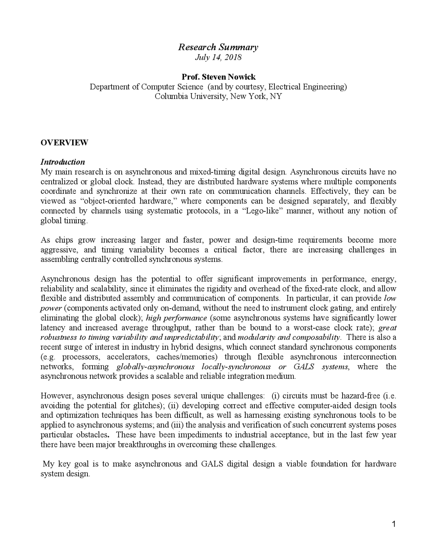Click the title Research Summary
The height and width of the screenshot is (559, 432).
218,47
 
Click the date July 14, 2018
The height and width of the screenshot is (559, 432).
218,57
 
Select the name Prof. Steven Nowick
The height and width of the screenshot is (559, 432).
218,77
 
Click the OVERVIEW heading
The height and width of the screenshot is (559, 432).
64,142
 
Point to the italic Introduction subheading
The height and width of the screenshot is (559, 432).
62,162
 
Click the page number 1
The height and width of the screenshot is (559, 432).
393,524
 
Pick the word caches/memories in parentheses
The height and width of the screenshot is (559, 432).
185,357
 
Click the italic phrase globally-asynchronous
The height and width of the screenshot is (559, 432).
155,367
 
